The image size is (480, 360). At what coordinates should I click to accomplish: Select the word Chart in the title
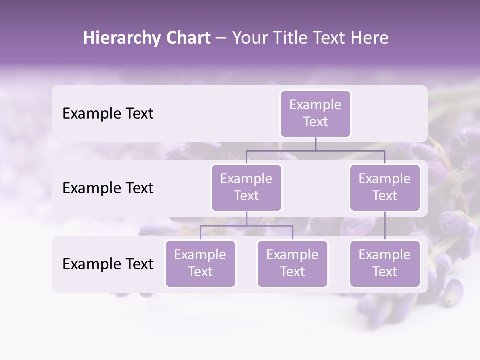click(x=187, y=38)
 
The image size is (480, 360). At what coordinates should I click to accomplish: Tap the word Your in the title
click(x=250, y=38)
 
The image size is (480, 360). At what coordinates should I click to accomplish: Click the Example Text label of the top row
click(x=108, y=113)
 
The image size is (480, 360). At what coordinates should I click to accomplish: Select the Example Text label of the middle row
click(x=108, y=188)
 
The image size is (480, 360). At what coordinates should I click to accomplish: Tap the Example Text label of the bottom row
click(x=108, y=264)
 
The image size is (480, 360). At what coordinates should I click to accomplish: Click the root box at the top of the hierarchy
click(x=315, y=113)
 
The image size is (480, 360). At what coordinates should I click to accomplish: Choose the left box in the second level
click(x=246, y=187)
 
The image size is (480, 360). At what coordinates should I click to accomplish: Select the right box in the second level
click(x=385, y=187)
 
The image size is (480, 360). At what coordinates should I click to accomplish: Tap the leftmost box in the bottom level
click(x=200, y=263)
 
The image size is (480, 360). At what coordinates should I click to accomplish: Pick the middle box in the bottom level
click(x=292, y=263)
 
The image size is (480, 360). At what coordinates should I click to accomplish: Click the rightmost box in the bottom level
click(x=385, y=263)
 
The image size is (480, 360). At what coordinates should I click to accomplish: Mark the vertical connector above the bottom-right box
click(x=385, y=226)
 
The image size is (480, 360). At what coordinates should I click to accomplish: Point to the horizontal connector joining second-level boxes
click(x=350, y=150)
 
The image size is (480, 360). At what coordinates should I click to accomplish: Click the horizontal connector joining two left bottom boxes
click(x=270, y=226)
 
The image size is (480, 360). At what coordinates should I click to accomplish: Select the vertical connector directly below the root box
click(x=315, y=144)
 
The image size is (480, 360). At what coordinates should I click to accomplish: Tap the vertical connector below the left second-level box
click(x=246, y=218)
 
